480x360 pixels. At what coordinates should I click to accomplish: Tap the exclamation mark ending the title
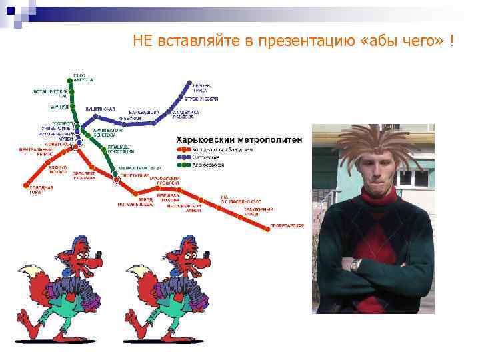[x=453, y=41]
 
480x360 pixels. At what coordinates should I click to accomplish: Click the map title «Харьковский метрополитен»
[x=239, y=140]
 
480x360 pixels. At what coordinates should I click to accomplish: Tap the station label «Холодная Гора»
[x=40, y=190]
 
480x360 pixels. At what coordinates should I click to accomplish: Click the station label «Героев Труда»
[x=202, y=87]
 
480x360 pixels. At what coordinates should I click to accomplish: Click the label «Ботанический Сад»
[x=51, y=93]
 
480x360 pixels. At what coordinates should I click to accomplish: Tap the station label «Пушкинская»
[x=100, y=109]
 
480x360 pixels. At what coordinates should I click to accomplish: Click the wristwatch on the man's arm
[x=356, y=265]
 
